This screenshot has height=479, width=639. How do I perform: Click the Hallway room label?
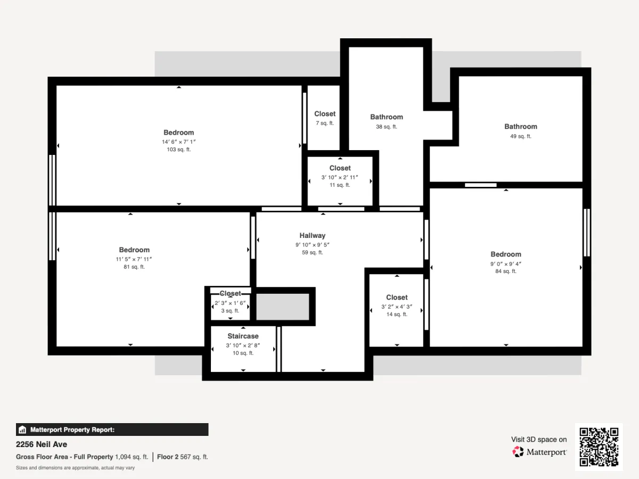point(313,235)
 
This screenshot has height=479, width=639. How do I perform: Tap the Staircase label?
point(243,336)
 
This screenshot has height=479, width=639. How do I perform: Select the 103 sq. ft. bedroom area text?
point(179,150)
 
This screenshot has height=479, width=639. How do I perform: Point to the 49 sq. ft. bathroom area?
point(520,136)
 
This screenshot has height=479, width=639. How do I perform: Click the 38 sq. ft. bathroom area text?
point(386,127)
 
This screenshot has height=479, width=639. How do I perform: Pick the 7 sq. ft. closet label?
point(325,114)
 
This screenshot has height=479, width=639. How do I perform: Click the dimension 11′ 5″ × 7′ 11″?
point(134,259)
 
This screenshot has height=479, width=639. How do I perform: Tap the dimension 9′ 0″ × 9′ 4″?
point(506,264)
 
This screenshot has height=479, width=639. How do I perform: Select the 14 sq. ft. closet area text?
point(397,314)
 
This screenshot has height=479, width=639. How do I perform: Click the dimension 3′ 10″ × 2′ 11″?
point(340,177)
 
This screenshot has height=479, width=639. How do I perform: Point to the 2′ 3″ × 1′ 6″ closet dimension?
point(230,303)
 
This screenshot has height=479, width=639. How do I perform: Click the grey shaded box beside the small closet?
point(282,307)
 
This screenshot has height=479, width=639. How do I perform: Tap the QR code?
point(599,447)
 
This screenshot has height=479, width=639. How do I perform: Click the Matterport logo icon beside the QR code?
point(518,452)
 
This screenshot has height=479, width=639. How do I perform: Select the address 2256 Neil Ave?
point(42,444)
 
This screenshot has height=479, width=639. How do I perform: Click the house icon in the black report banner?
point(22,430)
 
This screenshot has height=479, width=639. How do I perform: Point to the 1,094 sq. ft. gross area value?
point(132,457)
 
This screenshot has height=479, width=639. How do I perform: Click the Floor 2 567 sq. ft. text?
point(183,457)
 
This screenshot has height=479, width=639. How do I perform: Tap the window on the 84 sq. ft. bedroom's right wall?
point(587,233)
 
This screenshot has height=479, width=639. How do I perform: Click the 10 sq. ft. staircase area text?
point(243,353)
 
